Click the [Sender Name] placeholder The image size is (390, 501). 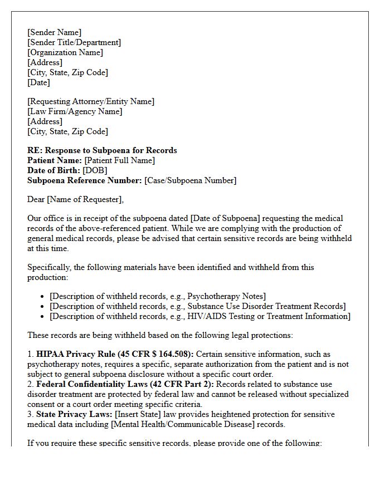(54, 32)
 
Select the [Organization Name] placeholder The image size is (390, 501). (65, 52)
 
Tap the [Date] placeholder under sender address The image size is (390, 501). (38, 82)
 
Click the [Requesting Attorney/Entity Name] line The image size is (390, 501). (91, 101)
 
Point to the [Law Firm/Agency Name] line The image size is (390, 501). (75, 111)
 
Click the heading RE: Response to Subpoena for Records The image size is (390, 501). (102, 150)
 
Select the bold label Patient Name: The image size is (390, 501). (55, 160)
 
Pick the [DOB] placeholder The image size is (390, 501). (95, 170)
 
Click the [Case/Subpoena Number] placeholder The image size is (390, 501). (190, 180)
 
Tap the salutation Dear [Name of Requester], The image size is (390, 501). (76, 199)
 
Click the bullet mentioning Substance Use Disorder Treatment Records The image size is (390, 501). (197, 306)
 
